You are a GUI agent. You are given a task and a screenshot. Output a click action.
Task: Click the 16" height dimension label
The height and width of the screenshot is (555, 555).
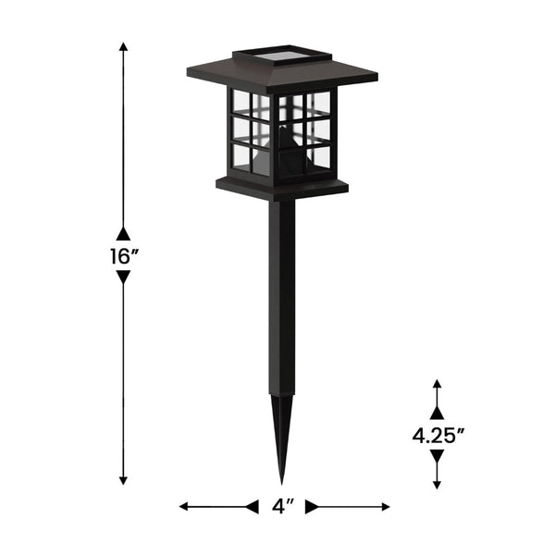(x=122, y=256)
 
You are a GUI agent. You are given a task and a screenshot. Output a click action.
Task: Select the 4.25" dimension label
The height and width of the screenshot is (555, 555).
(x=437, y=436)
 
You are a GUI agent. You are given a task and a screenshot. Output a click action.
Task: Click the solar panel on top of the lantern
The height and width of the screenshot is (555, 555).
(x=282, y=57)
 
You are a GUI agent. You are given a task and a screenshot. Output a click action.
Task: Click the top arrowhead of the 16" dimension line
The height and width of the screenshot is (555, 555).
(x=123, y=45)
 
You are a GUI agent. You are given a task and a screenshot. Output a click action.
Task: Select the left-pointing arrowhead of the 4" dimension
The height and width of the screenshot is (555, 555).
(x=183, y=507)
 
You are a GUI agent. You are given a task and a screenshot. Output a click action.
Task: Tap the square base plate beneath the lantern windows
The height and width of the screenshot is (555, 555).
(x=282, y=188)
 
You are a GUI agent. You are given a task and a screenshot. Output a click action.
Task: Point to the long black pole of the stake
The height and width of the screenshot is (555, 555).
(x=281, y=296)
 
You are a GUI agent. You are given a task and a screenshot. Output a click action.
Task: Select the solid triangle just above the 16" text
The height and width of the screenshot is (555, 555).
(x=123, y=233)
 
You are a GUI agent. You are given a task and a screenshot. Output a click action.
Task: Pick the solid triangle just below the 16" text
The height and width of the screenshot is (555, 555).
(x=123, y=277)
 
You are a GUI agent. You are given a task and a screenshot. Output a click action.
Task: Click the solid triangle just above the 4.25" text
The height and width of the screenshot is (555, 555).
(x=437, y=413)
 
